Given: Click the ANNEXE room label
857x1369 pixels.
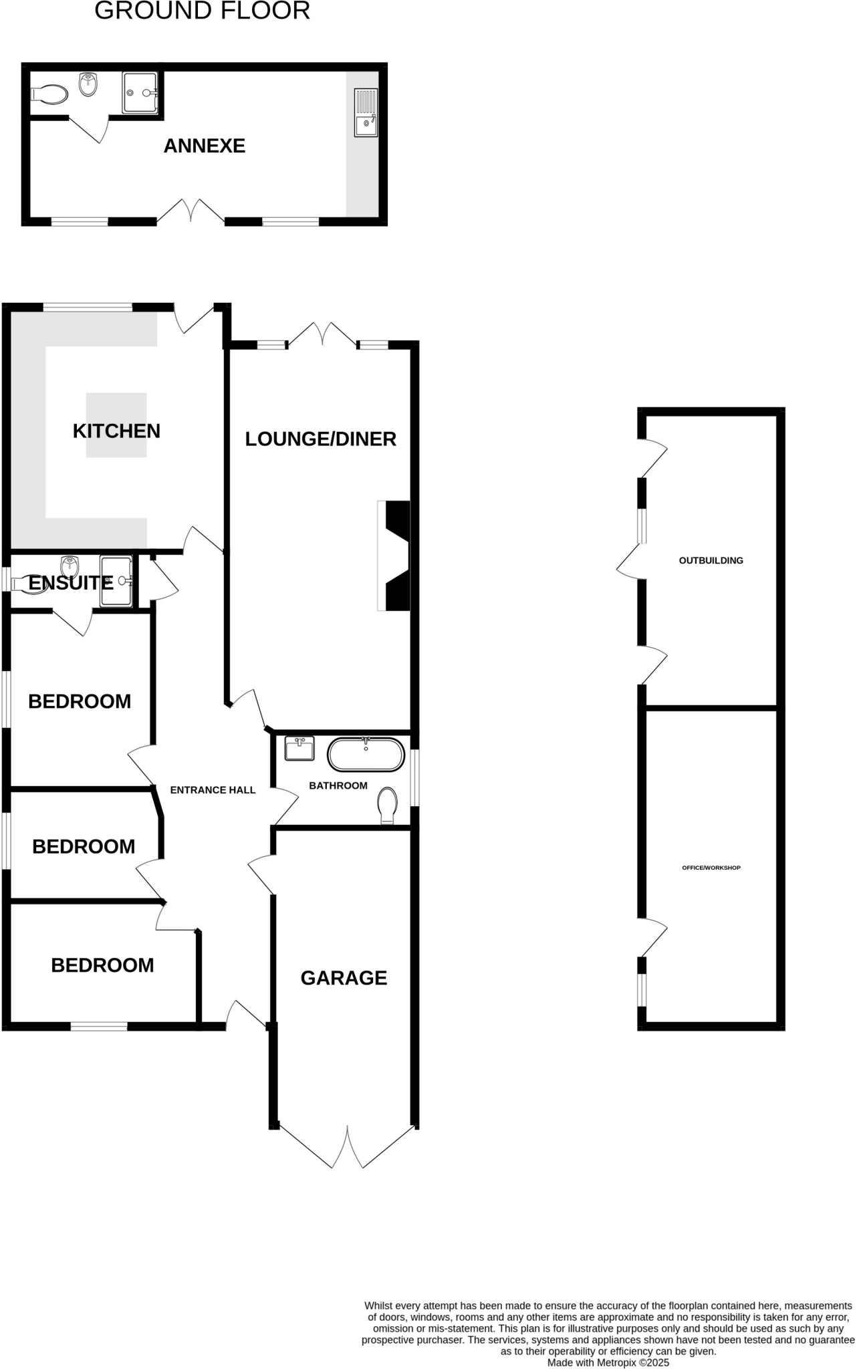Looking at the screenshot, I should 205,146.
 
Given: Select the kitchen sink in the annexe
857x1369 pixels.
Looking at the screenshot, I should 366,112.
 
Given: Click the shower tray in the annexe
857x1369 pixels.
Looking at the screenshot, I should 140,93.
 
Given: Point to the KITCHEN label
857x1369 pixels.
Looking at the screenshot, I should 116,431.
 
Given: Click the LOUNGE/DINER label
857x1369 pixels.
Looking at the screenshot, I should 320,439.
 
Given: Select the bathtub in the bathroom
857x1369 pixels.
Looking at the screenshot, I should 366,755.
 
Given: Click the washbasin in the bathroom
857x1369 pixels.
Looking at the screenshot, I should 299,749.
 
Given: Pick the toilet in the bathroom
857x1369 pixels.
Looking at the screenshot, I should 388,804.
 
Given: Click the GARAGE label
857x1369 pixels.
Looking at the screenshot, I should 344,978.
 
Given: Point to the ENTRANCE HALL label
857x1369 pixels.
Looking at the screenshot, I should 213,790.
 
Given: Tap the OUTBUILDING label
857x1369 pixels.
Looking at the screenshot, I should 711,561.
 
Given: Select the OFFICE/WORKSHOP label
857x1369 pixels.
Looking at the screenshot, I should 711,868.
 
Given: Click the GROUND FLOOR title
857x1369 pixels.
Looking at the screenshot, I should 202,11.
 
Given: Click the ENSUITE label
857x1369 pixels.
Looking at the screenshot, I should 71,583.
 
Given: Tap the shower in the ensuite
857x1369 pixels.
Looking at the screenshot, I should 116,581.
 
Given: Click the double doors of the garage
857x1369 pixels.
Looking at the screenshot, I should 348,1148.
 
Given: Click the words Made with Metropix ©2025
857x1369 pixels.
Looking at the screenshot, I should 608,1362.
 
